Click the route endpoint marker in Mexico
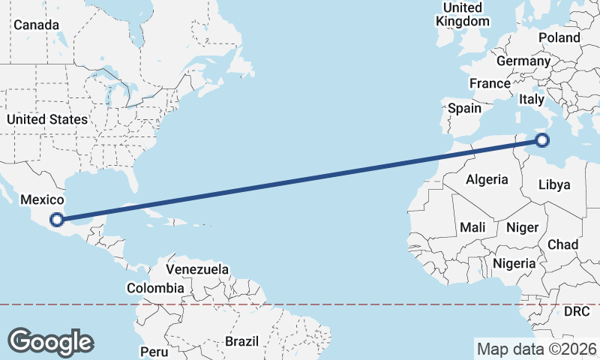[x=56, y=220]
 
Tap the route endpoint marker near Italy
[x=542, y=139]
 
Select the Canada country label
[x=36, y=25]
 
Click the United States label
[x=46, y=119]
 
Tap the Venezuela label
[x=197, y=268]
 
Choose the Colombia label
[x=155, y=288]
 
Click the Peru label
[x=154, y=351]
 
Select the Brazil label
[x=241, y=341]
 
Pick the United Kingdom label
[x=462, y=14]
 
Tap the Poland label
[x=559, y=37]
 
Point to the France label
[x=490, y=83]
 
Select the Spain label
[x=464, y=108]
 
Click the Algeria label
[x=487, y=179]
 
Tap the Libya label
[x=555, y=184]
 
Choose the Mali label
[x=472, y=226]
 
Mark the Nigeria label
[x=514, y=263]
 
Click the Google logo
[x=50, y=342]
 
